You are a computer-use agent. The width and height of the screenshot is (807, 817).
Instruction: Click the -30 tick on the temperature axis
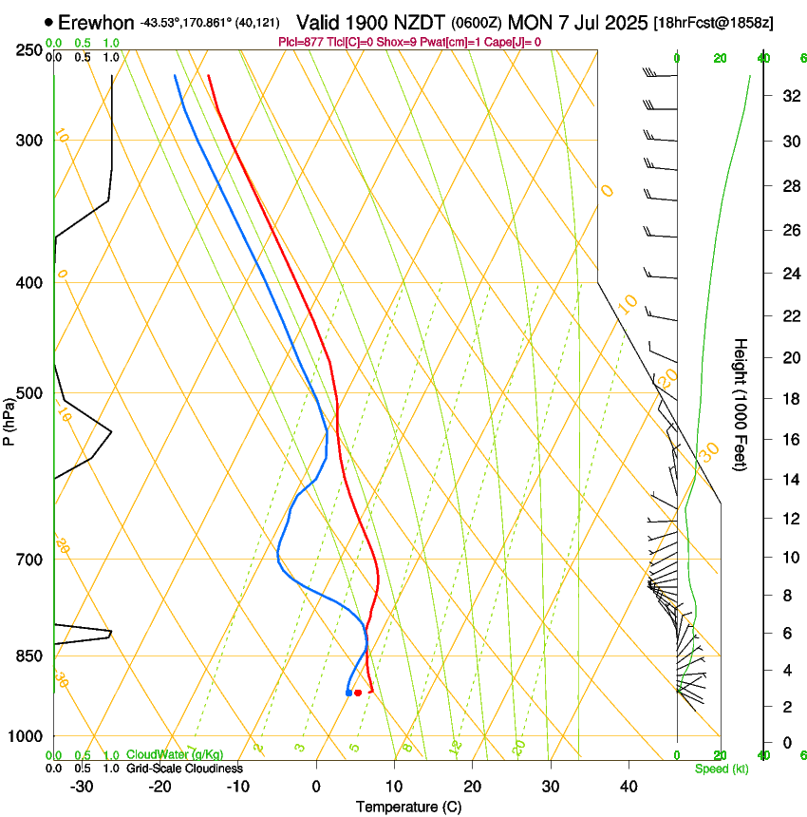click(82, 787)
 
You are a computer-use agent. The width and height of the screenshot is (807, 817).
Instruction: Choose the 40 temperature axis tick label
click(629, 787)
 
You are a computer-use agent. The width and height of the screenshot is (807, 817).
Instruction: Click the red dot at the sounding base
click(358, 693)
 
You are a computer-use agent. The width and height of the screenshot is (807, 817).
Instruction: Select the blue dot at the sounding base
click(348, 693)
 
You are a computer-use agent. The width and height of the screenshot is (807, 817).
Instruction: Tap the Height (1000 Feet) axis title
click(741, 405)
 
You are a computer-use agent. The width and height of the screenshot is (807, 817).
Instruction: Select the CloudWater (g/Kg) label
click(175, 756)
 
